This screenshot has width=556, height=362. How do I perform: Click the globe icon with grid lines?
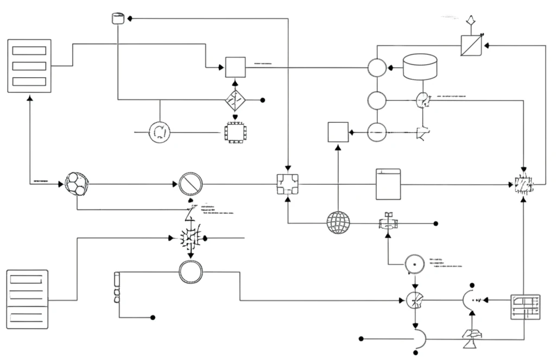338,223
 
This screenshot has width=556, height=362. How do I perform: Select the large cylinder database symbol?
420,67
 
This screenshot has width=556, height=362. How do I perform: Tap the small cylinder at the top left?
117,18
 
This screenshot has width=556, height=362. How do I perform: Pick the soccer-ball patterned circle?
76,184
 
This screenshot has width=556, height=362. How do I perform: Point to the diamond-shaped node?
236,100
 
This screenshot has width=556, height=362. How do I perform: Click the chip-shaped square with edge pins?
235,132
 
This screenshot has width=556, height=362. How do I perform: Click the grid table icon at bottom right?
525,308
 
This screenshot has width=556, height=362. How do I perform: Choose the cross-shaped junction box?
287,184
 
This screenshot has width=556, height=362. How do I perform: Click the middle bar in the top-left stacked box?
29,66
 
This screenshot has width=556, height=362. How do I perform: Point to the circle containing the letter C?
160,132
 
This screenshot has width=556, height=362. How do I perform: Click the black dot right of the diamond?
263,100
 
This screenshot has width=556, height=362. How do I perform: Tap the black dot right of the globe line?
435,223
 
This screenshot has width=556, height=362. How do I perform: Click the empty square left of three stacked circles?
338,132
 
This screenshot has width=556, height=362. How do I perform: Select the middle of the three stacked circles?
377,101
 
